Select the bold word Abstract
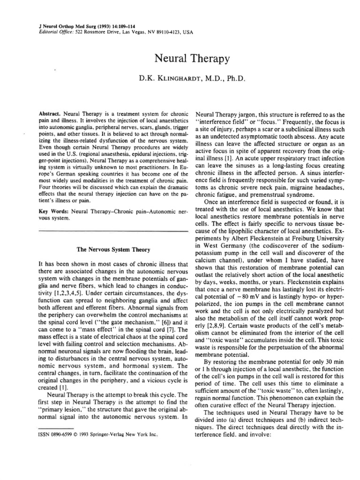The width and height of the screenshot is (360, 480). coord(48,114)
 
